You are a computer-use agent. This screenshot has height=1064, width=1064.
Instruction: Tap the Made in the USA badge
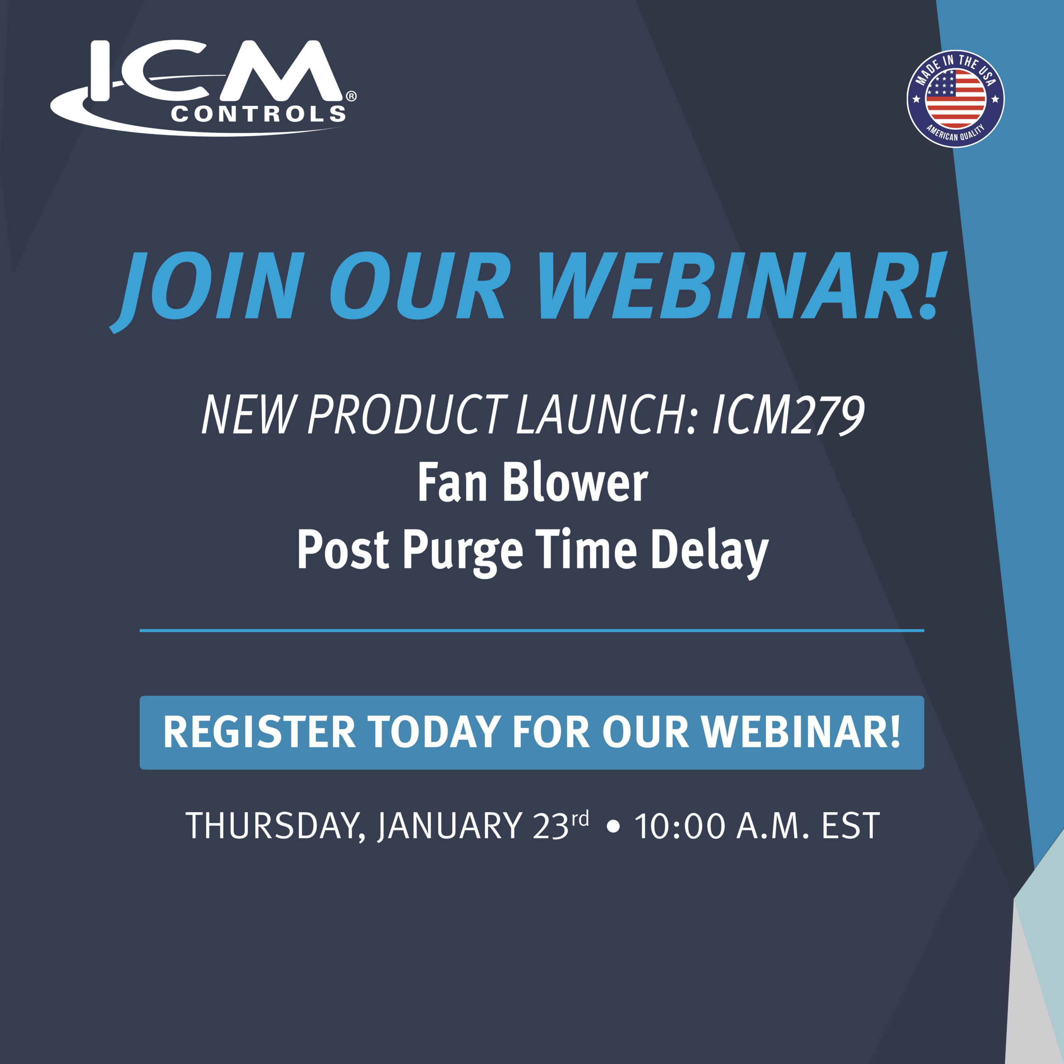(956, 99)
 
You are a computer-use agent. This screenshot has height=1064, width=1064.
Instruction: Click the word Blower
(576, 483)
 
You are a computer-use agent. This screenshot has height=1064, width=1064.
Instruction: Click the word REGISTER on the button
(259, 732)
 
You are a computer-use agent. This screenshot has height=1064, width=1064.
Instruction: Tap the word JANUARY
(450, 827)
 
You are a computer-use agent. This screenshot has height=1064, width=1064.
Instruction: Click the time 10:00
(680, 827)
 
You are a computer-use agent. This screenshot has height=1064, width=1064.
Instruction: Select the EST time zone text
(850, 827)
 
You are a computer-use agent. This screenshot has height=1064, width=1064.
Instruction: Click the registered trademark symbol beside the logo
(351, 96)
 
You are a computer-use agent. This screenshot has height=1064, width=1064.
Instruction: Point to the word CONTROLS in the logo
(258, 114)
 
